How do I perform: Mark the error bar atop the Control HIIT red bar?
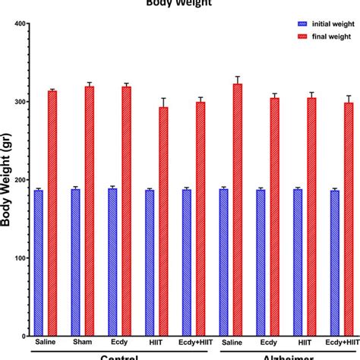(x=163, y=102)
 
